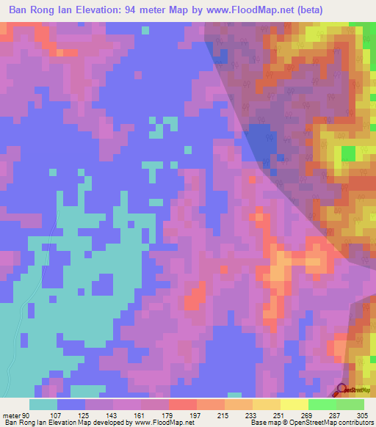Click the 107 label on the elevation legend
pyautogui.click(x=57, y=415)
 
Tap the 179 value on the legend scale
pyautogui.click(x=169, y=415)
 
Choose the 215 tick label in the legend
pyautogui.click(x=225, y=415)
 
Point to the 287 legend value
pyautogui.click(x=336, y=415)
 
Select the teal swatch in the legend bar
pyautogui.click(x=43, y=404)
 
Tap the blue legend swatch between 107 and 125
pyautogui.click(x=71, y=404)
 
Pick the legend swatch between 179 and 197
pyautogui.click(x=183, y=404)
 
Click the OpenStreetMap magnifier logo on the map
pyautogui.click(x=342, y=390)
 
